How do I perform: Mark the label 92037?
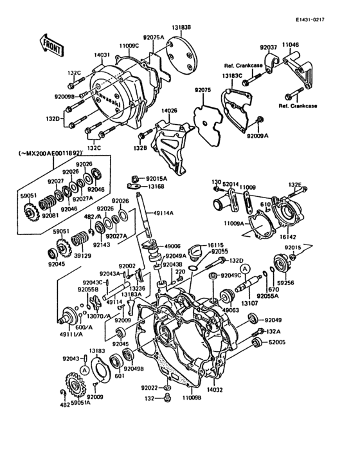pos(268,47)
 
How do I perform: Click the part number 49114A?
pos(163,213)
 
